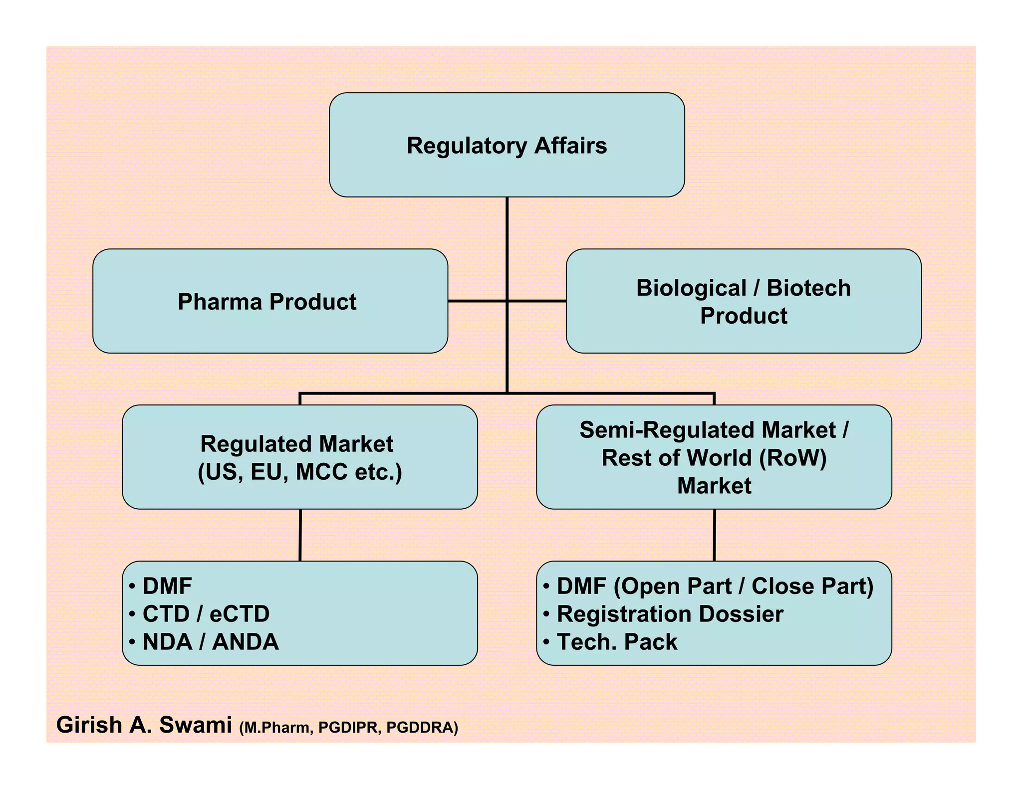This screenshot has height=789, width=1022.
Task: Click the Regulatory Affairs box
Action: pyautogui.click(x=507, y=145)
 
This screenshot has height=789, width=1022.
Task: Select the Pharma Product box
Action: pyautogui.click(x=270, y=301)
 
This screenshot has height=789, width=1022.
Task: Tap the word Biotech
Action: pyautogui.click(x=808, y=288)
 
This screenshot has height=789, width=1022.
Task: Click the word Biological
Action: pyautogui.click(x=691, y=288)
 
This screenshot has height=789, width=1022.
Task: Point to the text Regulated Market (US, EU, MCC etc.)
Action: pyautogui.click(x=299, y=458)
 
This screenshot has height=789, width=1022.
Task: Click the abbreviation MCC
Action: pyautogui.click(x=321, y=472)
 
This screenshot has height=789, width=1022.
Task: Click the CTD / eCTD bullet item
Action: pyautogui.click(x=206, y=614)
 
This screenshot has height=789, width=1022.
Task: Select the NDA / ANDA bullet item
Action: pyautogui.click(x=210, y=642)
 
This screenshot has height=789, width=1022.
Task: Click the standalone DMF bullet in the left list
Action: pyautogui.click(x=167, y=586)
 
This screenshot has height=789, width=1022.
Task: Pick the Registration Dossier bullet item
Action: pyautogui.click(x=670, y=614)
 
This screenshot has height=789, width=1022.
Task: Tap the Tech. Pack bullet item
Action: pyautogui.click(x=617, y=642)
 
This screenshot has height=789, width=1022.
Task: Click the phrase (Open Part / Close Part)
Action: pyautogui.click(x=744, y=586)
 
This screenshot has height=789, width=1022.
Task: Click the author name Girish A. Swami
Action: pyautogui.click(x=144, y=725)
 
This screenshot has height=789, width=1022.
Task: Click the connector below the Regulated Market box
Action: pyautogui.click(x=300, y=535)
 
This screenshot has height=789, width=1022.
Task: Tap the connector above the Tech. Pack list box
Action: pyautogui.click(x=714, y=535)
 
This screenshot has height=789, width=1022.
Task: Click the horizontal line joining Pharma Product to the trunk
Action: pyautogui.click(x=477, y=301)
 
